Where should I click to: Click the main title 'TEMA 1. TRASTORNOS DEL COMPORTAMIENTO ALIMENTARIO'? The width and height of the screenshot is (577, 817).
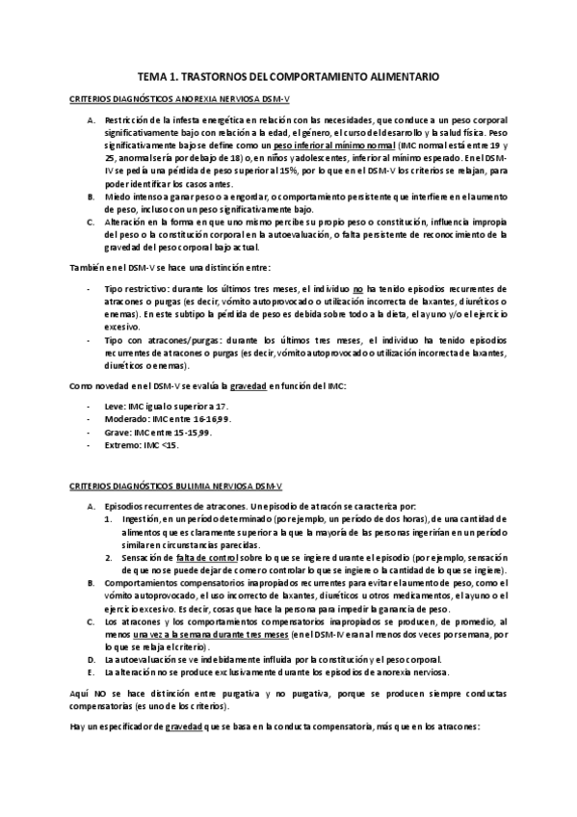point(289,74)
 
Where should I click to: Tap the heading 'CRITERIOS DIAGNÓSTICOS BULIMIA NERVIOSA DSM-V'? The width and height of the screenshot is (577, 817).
point(159,488)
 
